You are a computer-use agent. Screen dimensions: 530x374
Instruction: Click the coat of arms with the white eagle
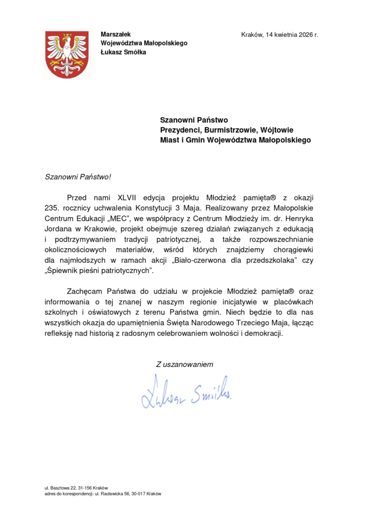pyautogui.click(x=67, y=54)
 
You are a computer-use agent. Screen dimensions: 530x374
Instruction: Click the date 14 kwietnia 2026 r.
pyautogui.click(x=291, y=34)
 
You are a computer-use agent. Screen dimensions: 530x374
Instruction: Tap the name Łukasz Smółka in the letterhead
pyautogui.click(x=123, y=51)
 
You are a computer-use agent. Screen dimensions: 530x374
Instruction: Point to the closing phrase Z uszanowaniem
pyautogui.click(x=184, y=364)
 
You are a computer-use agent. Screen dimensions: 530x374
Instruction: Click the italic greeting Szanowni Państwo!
pyautogui.click(x=78, y=176)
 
